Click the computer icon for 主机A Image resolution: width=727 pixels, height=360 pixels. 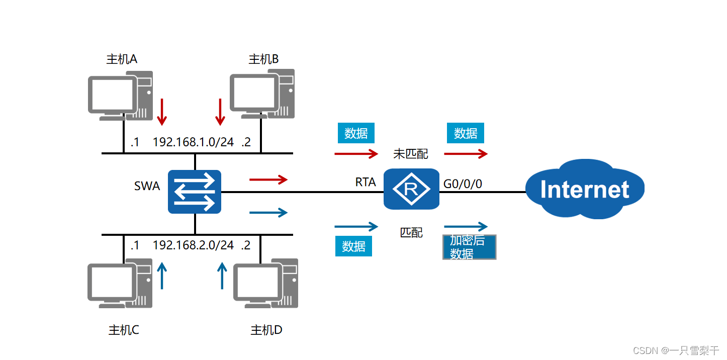(x=120, y=96)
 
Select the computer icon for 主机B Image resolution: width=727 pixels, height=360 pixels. (x=262, y=94)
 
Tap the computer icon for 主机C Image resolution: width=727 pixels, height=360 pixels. (x=120, y=283)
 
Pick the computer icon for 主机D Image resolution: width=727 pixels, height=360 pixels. (x=266, y=283)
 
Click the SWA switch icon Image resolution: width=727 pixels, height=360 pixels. (x=195, y=192)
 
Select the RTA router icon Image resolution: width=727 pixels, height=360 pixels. (x=411, y=189)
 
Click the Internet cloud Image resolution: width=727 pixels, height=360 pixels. (x=584, y=189)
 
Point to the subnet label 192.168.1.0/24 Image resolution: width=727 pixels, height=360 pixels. (x=193, y=142)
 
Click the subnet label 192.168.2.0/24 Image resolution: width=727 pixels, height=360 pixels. (x=193, y=245)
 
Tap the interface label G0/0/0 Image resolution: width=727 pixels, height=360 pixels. (x=463, y=184)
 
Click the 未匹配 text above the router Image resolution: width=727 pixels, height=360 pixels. (x=411, y=154)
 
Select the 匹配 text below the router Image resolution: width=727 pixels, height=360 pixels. (x=411, y=233)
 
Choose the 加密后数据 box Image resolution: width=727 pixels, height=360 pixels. (x=469, y=247)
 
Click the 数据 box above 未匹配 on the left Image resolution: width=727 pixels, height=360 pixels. (x=356, y=133)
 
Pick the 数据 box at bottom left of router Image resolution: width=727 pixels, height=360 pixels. (x=353, y=246)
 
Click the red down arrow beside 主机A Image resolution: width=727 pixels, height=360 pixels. (x=161, y=112)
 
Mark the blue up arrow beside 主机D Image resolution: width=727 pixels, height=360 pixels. (x=222, y=276)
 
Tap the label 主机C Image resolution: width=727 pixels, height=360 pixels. (x=124, y=330)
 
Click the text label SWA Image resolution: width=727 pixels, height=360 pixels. (x=147, y=186)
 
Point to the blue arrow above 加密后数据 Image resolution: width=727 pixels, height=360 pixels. (x=466, y=226)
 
